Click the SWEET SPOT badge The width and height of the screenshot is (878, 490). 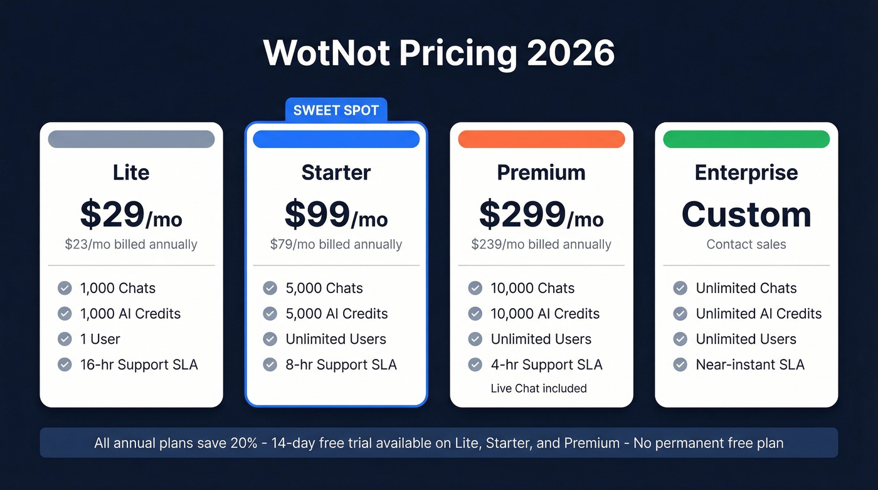click(336, 110)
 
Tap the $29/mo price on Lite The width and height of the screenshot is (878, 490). click(131, 215)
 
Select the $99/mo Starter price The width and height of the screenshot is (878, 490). click(336, 215)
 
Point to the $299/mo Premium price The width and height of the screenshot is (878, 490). click(541, 215)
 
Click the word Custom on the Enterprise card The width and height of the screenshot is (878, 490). click(746, 215)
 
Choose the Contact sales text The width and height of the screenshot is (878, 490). click(746, 245)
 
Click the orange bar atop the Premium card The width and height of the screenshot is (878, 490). click(541, 139)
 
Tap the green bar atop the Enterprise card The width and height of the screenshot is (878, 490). click(746, 139)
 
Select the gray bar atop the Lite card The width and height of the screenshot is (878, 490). click(131, 139)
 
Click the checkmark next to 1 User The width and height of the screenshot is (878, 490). click(65, 339)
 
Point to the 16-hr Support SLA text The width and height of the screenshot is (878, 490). click(139, 365)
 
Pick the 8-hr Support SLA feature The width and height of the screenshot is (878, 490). click(341, 365)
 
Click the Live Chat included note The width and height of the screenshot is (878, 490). click(539, 388)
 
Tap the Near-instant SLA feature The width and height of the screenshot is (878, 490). click(750, 365)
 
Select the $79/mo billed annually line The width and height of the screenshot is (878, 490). click(336, 245)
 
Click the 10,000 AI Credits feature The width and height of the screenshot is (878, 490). click(545, 314)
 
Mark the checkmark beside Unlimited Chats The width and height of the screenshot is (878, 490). click(680, 288)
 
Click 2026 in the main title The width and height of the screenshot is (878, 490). click(571, 53)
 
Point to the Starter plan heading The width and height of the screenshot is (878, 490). click(336, 173)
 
